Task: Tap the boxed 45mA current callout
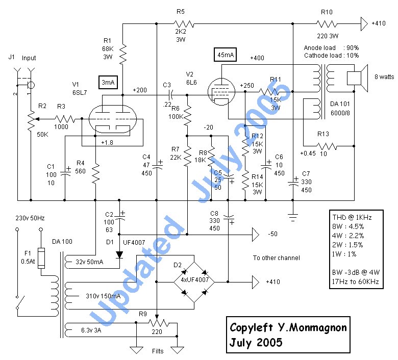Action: click(x=226, y=55)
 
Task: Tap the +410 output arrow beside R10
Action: click(x=364, y=23)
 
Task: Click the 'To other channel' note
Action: click(x=276, y=258)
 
